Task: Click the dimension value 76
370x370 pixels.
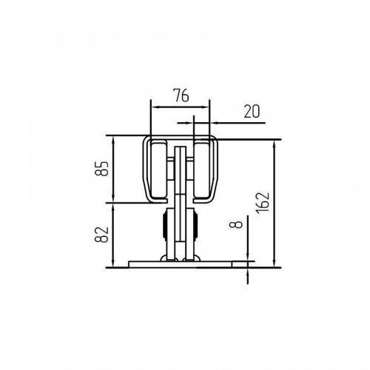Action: (x=181, y=95)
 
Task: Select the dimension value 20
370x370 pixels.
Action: (x=252, y=111)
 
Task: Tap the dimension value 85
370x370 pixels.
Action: (x=101, y=169)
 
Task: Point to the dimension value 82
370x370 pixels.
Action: (x=101, y=235)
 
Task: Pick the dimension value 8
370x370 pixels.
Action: (x=236, y=224)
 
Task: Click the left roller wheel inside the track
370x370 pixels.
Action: (x=159, y=170)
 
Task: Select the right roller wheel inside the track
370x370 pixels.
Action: (x=203, y=170)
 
